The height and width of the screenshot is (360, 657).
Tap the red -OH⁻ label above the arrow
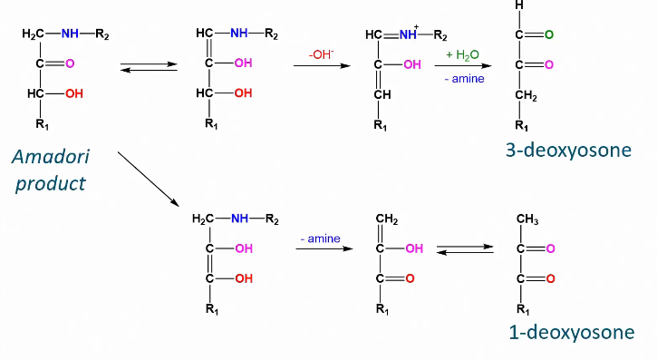pos(321,54)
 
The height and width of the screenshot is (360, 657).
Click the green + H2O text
pos(461,55)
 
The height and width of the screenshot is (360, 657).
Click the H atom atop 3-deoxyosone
pos(518,7)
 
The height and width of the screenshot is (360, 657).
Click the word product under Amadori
pos(51,183)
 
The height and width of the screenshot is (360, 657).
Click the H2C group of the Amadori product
pos(33,34)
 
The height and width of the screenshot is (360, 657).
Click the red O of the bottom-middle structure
pos(411,277)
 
